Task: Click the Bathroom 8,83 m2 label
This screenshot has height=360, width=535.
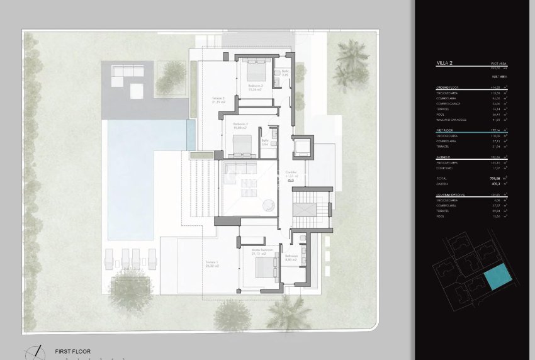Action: pos(291,258)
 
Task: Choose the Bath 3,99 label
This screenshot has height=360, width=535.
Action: pos(285,73)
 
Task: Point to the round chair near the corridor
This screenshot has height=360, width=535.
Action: pos(267,203)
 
